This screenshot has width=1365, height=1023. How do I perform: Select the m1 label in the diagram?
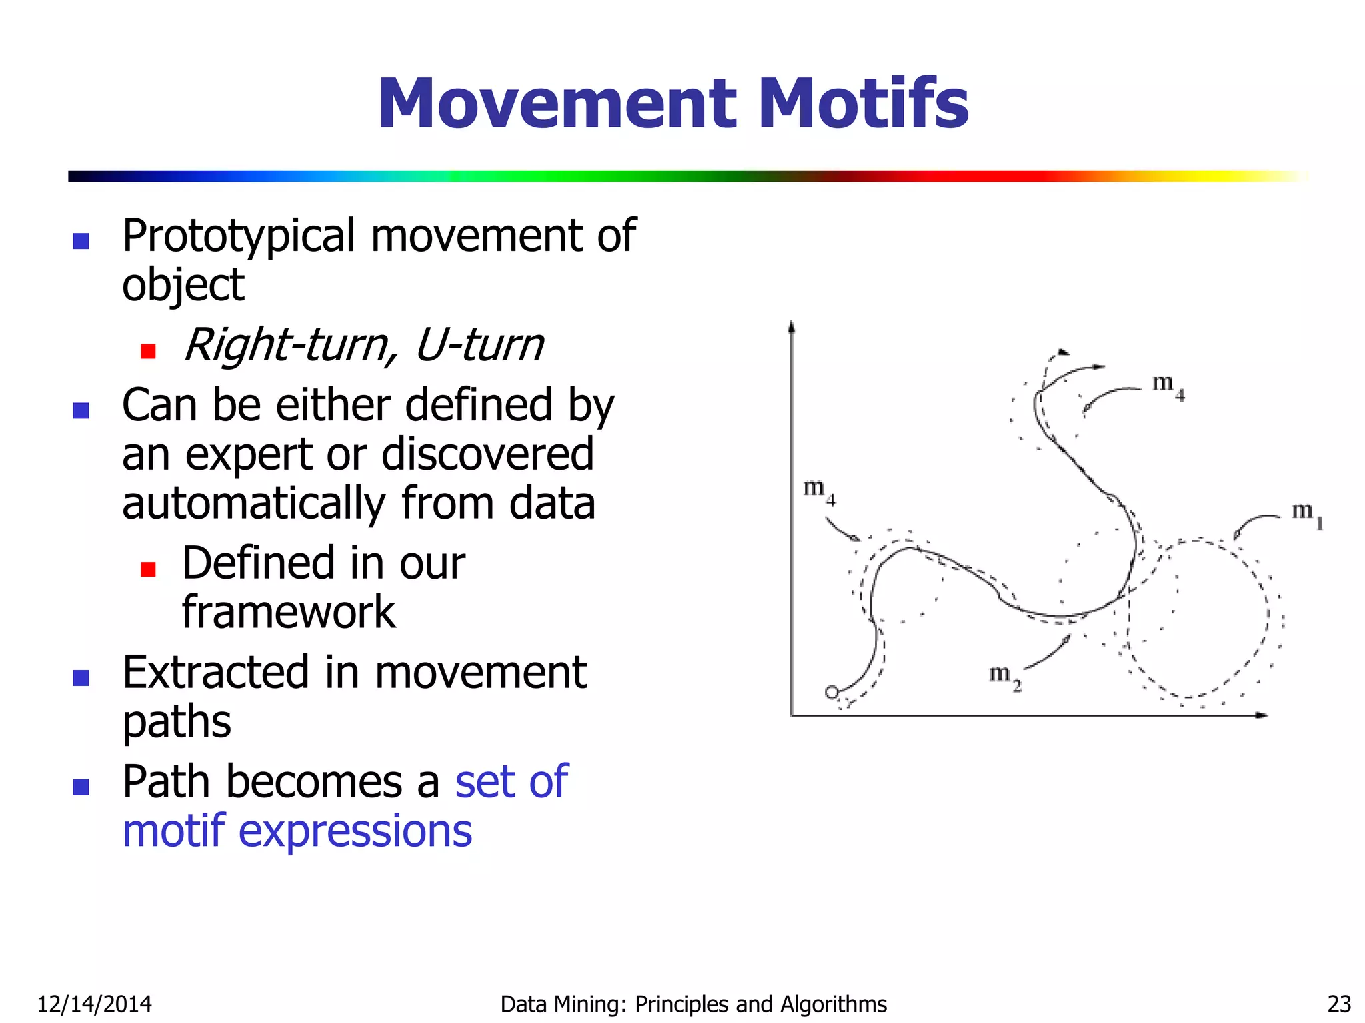tap(1306, 514)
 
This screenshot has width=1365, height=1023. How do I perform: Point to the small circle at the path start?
tap(831, 692)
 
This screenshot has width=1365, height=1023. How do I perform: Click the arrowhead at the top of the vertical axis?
tap(792, 326)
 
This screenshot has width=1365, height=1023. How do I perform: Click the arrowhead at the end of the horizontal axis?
tap(1261, 715)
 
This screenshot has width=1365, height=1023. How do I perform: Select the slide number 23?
tap(1339, 1004)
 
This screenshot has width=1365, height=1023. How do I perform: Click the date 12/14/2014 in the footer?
tap(94, 1004)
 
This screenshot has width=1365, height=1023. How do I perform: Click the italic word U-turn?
tap(479, 345)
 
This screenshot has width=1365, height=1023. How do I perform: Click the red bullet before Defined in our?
tap(148, 569)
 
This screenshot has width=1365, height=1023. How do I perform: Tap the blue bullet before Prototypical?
tap(81, 240)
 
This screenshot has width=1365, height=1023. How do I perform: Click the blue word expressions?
tap(355, 831)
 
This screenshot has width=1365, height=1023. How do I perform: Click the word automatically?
tap(254, 504)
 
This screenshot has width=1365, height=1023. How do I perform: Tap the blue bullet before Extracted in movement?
tap(81, 677)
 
